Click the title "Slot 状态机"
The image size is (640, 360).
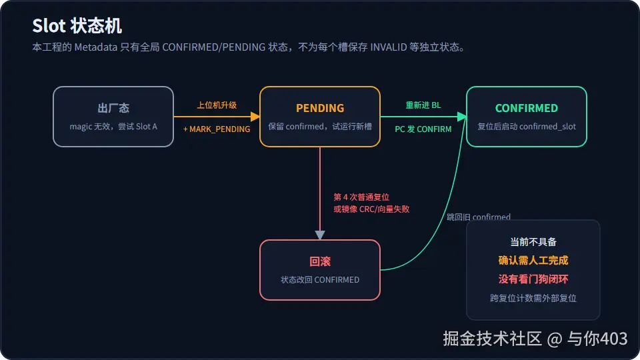77,26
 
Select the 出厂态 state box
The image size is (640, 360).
113,117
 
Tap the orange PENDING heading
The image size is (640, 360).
320,108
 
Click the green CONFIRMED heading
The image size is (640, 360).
527,108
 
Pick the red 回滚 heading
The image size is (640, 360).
320,261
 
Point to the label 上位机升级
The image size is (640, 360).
217,105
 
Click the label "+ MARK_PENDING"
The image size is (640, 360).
217,129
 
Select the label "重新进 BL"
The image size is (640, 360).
423,105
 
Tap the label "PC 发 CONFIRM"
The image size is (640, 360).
423,129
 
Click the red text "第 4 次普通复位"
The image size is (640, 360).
361,197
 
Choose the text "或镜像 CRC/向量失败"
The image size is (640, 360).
371,209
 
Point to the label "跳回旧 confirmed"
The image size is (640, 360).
479,217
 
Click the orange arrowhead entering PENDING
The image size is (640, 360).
255,117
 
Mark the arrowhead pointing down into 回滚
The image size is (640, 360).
320,235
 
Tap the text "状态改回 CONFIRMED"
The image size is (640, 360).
320,280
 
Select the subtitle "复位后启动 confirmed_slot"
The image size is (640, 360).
527,127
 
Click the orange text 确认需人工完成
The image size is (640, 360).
533,261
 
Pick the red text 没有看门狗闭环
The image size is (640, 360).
533,279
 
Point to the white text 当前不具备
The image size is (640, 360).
533,242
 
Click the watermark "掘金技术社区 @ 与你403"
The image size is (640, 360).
535,339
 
